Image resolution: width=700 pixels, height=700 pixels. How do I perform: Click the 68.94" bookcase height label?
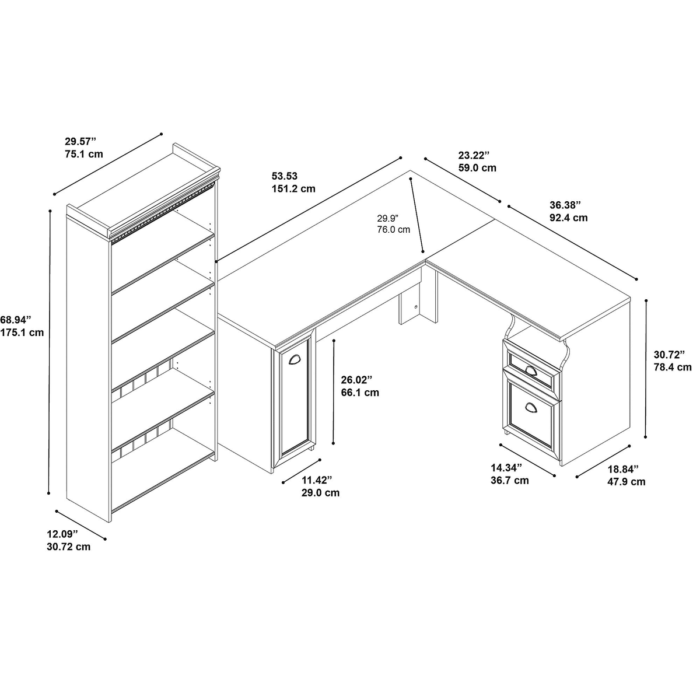coord(16,320)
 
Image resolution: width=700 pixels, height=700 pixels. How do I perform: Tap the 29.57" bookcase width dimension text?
coord(80,141)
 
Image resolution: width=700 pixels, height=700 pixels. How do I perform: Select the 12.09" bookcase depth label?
coord(62,534)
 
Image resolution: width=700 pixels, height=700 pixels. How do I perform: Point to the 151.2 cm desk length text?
coord(293,189)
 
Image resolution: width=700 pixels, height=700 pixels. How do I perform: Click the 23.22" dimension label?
coord(474,156)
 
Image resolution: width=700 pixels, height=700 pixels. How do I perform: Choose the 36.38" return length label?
coord(565,205)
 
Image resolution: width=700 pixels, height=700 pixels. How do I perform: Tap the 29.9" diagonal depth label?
coord(387,218)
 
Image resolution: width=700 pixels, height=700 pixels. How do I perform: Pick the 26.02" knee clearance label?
coord(357,380)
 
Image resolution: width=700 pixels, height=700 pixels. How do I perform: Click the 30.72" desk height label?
coord(670,355)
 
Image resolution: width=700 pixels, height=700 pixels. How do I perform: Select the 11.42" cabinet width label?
coord(317,480)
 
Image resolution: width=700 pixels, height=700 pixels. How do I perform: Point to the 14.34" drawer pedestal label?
coord(506,467)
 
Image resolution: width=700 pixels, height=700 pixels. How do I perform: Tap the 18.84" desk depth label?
coord(624,469)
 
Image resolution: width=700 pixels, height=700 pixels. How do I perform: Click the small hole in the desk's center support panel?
coord(416,307)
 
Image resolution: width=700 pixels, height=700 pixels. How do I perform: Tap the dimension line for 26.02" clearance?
coord(334,392)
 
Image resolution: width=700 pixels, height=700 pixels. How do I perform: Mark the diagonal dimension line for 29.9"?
coord(416,215)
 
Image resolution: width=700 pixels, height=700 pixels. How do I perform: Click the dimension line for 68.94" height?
coord(50,352)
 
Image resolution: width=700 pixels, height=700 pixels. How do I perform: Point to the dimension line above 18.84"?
coord(603,461)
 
